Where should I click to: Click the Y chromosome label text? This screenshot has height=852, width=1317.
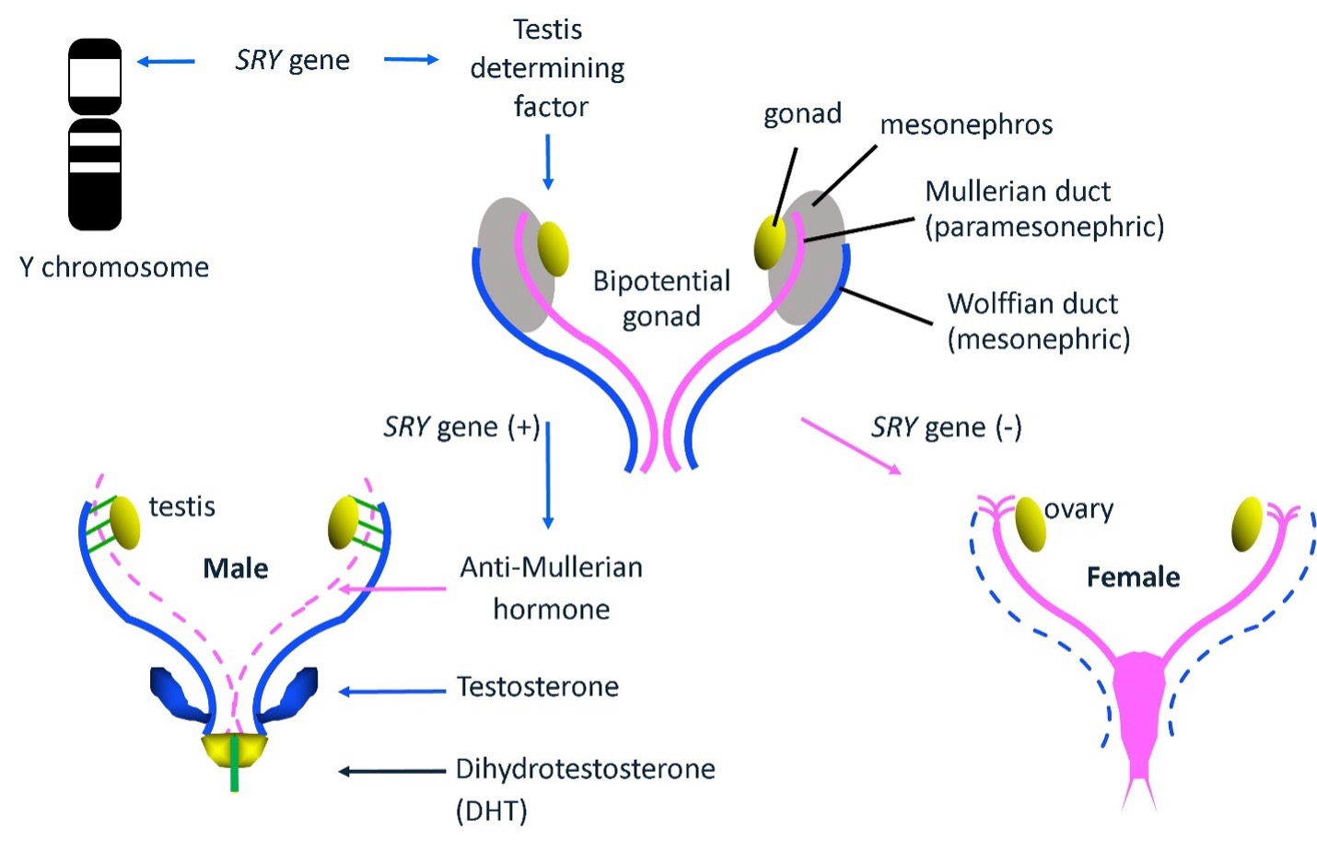[x=114, y=267]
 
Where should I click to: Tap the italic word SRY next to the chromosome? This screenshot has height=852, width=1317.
[x=259, y=60]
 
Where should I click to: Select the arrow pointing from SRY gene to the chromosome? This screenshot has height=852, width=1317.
[x=166, y=61]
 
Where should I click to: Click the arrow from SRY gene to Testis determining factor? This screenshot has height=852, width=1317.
[x=412, y=59]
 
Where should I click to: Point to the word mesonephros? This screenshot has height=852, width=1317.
[x=966, y=125]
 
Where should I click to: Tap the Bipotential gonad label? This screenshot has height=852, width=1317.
[x=661, y=298]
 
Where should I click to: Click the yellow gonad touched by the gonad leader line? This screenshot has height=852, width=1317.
[x=770, y=241]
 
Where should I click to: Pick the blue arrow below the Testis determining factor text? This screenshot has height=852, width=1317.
[x=548, y=162]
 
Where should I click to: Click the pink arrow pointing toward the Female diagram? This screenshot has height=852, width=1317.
[x=851, y=446]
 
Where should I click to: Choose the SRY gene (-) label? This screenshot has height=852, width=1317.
[x=946, y=427]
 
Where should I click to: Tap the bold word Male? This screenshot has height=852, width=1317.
[x=235, y=568]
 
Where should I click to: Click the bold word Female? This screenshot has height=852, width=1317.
[x=1133, y=577]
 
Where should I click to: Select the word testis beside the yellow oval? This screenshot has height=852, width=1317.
[x=181, y=507]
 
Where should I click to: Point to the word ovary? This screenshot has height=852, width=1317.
[x=1078, y=509]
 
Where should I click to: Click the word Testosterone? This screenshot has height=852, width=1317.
[x=537, y=687]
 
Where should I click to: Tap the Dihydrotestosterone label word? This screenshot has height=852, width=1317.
[x=586, y=769]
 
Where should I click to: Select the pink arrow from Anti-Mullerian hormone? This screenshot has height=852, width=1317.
[x=392, y=589]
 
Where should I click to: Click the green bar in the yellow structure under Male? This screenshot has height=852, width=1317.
[x=235, y=764]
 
